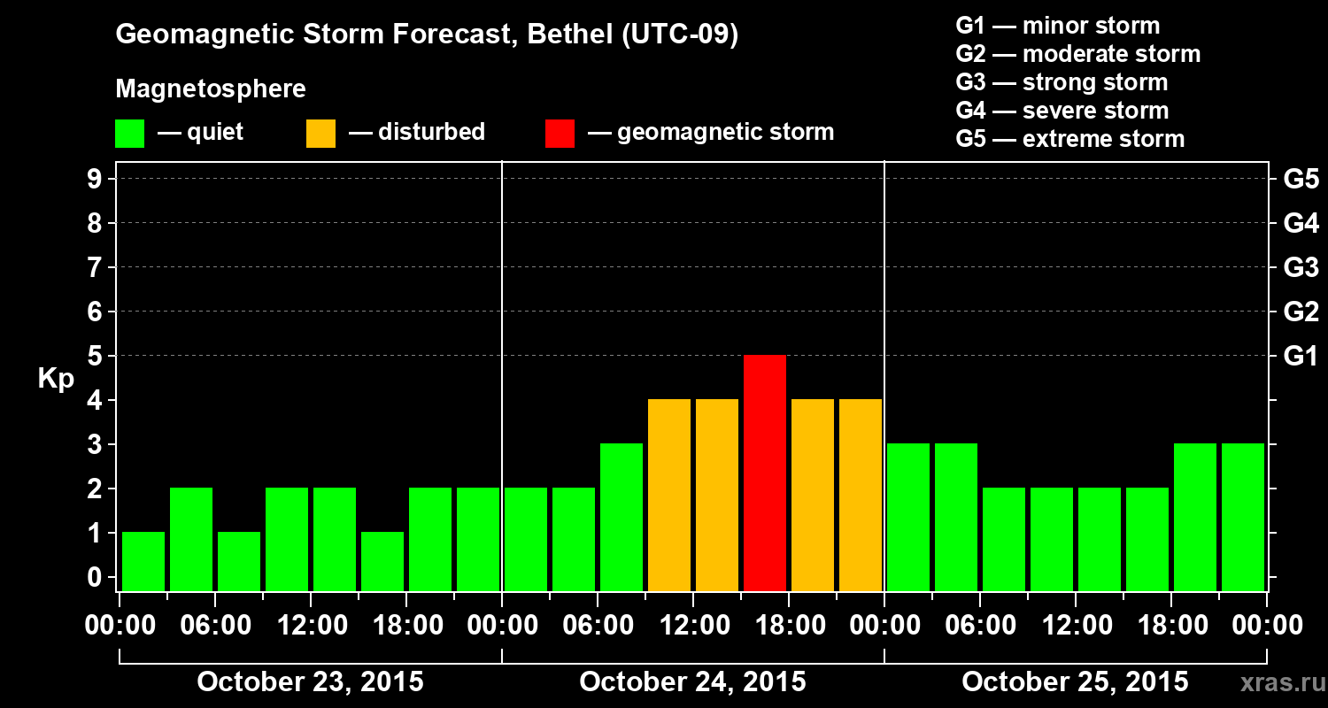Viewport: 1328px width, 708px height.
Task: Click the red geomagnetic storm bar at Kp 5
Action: [765, 473]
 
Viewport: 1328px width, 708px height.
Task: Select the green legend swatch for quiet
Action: [129, 134]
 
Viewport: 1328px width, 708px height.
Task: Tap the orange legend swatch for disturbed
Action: [320, 134]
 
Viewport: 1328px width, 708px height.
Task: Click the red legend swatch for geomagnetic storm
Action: [560, 134]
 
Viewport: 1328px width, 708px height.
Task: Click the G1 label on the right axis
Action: [1301, 357]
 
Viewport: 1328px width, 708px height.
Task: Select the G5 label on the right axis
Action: [1301, 180]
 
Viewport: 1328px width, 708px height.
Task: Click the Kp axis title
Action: [56, 379]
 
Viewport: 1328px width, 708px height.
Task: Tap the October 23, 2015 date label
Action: [310, 681]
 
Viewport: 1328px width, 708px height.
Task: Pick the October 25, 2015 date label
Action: [1075, 681]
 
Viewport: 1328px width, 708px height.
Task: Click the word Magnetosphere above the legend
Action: [211, 89]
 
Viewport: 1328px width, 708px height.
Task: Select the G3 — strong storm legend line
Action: [1062, 82]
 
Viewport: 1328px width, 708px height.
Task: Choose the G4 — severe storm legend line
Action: [1062, 111]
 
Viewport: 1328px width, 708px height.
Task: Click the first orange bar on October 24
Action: [669, 495]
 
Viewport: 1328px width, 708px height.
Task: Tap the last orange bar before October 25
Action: [861, 495]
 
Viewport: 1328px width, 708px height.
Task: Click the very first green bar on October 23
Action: [143, 561]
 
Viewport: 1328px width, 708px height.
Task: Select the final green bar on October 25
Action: [1243, 517]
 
